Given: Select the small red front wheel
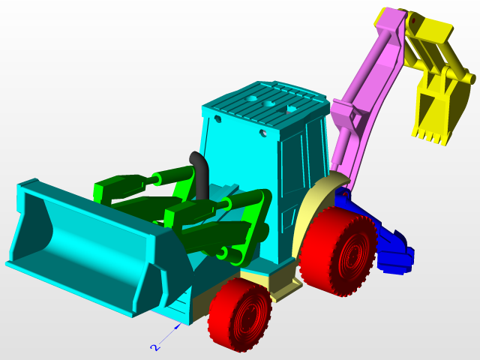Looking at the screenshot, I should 240,315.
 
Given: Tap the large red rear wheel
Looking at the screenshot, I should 339,252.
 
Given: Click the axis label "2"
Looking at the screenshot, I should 154,347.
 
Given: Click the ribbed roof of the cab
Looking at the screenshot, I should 266,101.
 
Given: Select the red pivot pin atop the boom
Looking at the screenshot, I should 411,22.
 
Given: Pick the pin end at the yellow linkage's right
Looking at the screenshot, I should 469,78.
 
